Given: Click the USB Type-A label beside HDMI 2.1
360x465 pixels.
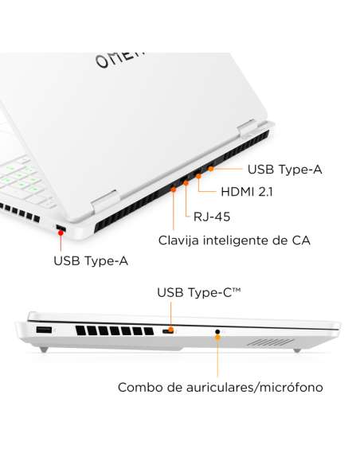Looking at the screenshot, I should click(284, 169).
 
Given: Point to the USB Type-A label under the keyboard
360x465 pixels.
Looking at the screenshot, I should click(90, 260).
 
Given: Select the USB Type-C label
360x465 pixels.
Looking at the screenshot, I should click(198, 294).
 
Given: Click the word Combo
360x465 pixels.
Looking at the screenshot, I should click(141, 388).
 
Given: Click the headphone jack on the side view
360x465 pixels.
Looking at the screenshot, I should click(217, 330).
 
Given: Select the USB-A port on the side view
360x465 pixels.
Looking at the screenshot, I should click(43, 330).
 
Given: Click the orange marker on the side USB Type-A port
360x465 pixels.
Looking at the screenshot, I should click(61, 231).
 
